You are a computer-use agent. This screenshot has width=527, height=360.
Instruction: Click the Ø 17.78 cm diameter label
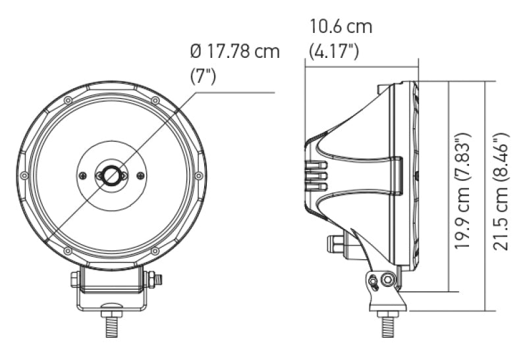pos(235,51)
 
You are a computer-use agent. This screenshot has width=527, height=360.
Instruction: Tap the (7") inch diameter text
pos(204,75)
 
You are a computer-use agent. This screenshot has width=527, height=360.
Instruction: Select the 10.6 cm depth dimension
pos(341,27)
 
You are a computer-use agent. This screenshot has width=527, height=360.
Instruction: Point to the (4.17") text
pos(334,51)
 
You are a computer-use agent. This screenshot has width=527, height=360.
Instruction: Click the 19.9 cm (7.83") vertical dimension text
pos(463,189)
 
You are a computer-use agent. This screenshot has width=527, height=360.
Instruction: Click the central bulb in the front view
pos(111,175)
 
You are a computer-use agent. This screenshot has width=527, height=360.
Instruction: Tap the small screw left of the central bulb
pos(82,175)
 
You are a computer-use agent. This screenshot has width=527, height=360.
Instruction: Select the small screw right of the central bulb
pos(140,175)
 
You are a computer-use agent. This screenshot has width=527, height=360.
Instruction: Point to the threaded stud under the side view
pos(387,326)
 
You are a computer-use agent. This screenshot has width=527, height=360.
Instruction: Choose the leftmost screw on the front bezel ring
pos(24,175)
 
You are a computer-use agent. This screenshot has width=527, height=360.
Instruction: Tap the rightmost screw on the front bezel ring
pos(199,175)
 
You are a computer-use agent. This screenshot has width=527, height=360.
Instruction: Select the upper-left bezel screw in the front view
pos(68,100)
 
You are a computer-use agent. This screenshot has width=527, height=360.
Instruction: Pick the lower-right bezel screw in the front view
pos(155,251)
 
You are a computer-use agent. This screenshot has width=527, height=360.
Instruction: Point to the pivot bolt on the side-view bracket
pos(387,281)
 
